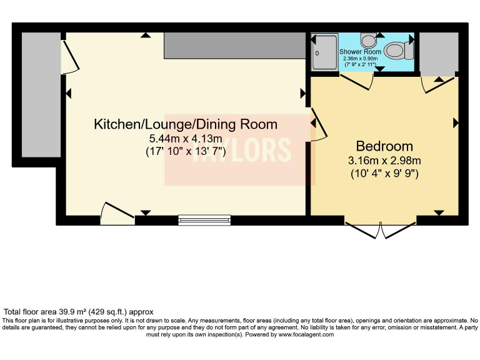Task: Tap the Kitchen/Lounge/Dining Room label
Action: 186,124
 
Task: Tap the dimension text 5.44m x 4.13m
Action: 186,139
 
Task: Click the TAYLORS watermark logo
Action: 240,150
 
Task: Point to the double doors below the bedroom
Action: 381,230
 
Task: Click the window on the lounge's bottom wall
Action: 204,219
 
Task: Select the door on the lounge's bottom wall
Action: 117,214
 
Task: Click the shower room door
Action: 357,80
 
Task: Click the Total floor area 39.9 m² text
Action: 78,311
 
